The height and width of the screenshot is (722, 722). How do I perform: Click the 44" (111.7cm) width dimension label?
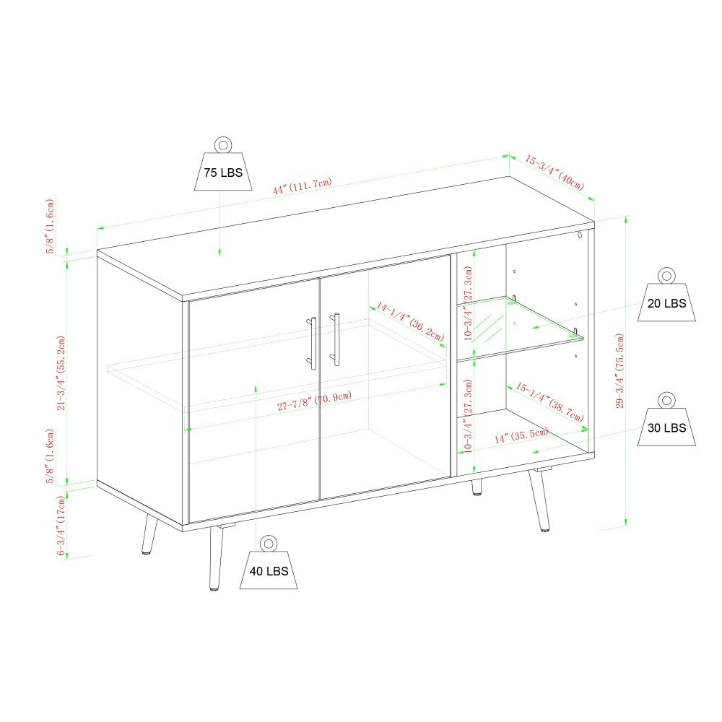tap(302, 186)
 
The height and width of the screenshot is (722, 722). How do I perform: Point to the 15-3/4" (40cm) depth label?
tap(554, 173)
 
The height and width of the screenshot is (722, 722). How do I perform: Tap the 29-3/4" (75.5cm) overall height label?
tap(620, 370)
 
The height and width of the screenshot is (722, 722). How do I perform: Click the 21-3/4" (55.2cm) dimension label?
tap(61, 373)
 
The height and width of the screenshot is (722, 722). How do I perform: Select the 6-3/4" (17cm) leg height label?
tap(61, 526)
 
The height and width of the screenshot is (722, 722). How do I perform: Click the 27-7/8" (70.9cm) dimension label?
tap(315, 401)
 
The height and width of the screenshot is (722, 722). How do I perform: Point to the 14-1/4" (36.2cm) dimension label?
tap(410, 321)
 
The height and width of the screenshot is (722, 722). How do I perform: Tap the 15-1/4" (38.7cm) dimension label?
tap(549, 401)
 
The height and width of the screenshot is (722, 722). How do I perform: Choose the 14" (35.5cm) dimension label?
tap(522, 435)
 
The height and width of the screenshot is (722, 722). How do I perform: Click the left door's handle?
tap(313, 343)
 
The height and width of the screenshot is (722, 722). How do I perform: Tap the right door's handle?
tap(336, 339)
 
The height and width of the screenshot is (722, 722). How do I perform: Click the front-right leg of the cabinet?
tap(539, 500)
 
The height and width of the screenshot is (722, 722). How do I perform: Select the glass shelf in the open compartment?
tap(519, 328)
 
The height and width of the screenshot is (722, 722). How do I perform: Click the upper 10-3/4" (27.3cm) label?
tap(469, 303)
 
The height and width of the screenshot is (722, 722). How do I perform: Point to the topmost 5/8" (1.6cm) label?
tap(50, 226)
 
